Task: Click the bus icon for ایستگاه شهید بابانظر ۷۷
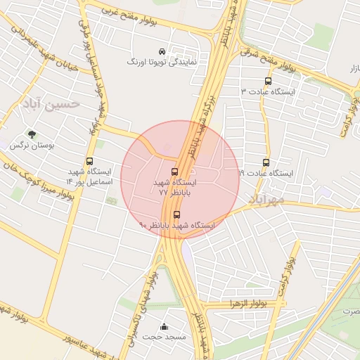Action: (174, 172)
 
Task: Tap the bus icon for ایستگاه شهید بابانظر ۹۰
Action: (176, 214)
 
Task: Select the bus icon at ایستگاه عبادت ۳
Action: (268, 81)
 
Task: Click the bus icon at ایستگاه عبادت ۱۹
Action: (265, 162)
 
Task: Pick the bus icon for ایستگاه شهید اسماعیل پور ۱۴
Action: (89, 162)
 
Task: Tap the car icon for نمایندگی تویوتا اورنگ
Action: (162, 51)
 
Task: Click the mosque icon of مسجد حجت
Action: (165, 326)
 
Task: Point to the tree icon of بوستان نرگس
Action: (31, 134)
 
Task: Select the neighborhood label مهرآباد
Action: (266, 200)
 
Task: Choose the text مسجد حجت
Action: (165, 337)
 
